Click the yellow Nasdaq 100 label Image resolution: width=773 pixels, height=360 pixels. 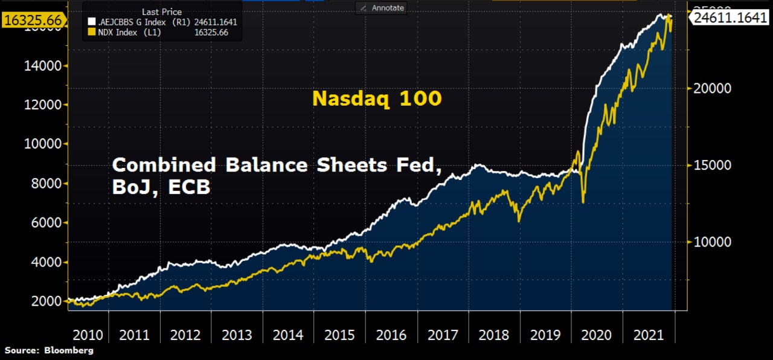coord(377,98)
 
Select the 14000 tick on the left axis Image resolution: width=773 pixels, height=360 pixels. coord(43,65)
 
